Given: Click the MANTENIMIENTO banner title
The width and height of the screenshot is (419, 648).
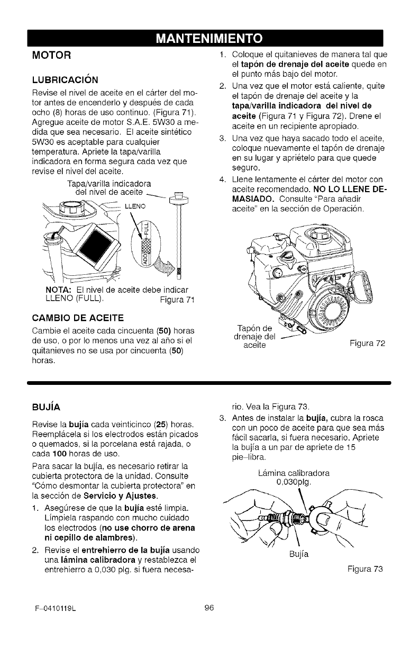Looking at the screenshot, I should click(209, 39).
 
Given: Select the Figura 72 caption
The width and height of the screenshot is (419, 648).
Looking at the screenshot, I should click(367, 343).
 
